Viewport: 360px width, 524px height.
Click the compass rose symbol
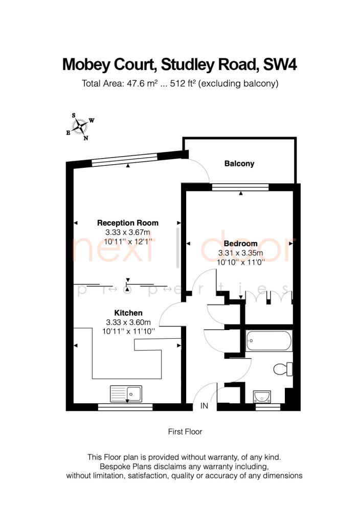pos(80,126)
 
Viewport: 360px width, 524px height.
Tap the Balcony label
pos(239,164)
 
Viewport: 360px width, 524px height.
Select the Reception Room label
pos(128,223)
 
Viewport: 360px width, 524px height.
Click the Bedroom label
pos(240,244)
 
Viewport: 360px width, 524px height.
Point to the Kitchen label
pos(128,313)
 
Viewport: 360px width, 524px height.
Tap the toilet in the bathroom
pos(283,368)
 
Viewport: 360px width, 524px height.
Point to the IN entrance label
pos(205,406)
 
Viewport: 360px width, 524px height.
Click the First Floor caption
pos(185,431)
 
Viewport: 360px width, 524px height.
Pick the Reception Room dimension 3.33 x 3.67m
pos(128,232)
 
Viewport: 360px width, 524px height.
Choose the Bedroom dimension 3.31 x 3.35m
pos(240,253)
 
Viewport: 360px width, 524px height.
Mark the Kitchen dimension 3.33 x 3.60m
pos(128,322)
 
